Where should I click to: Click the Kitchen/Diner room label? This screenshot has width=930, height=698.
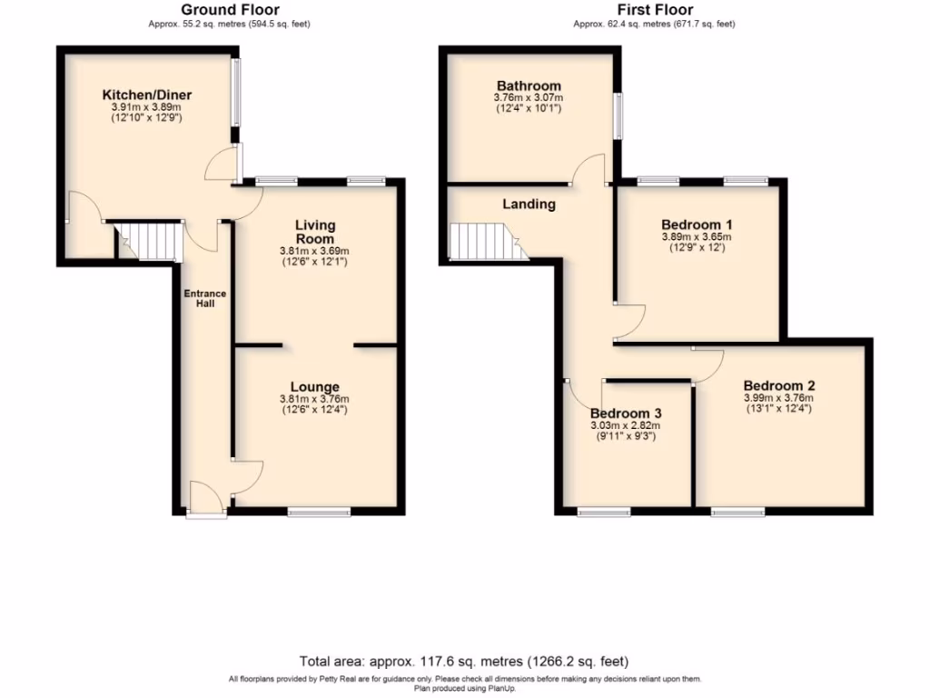click(146, 95)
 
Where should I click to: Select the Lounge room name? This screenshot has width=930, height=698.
click(315, 386)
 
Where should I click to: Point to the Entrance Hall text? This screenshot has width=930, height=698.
click(205, 298)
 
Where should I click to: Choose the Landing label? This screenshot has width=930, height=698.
click(529, 204)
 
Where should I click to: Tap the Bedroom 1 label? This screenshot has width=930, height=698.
click(697, 224)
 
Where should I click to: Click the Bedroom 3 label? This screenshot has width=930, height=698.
click(626, 413)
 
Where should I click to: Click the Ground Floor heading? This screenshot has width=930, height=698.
click(229, 10)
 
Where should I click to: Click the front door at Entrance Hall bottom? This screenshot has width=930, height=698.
click(206, 499)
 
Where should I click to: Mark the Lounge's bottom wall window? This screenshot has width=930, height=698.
click(319, 513)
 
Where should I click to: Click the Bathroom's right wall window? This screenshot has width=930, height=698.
click(618, 115)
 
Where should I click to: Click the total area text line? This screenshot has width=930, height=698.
click(464, 661)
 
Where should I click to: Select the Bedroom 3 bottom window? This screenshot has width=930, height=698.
click(604, 513)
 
